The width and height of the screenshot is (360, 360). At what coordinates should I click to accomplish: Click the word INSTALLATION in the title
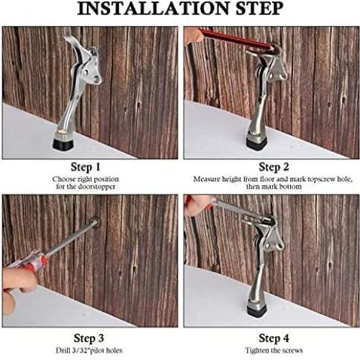click(x=153, y=9)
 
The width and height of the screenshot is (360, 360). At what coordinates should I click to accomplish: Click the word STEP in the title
click(x=259, y=9)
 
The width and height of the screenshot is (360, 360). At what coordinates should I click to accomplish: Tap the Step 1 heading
click(x=85, y=167)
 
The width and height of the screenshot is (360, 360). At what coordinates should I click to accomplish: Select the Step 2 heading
click(x=274, y=167)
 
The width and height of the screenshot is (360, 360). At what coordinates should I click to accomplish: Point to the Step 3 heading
click(x=89, y=338)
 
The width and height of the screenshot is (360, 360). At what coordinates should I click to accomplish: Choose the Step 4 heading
click(x=274, y=338)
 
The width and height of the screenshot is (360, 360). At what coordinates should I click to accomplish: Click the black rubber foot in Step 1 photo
click(x=63, y=144)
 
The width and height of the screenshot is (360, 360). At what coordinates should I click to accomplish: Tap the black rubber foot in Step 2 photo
click(x=256, y=144)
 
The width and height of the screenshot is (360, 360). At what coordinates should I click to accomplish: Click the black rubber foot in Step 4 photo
click(x=256, y=311)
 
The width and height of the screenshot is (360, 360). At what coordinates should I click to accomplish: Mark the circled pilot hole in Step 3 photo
click(x=95, y=222)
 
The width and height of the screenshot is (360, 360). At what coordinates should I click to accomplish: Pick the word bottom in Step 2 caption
click(x=290, y=186)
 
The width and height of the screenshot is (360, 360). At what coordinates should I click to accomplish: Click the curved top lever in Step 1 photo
click(x=74, y=48)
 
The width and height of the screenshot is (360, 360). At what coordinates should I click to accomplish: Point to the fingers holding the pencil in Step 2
click(x=194, y=35)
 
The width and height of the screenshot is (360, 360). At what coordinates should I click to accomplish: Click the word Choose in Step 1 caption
click(x=63, y=179)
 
